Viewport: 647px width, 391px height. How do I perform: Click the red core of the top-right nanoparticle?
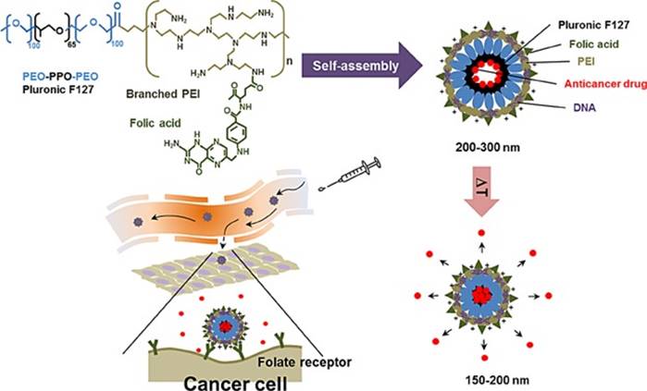click(479, 71)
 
